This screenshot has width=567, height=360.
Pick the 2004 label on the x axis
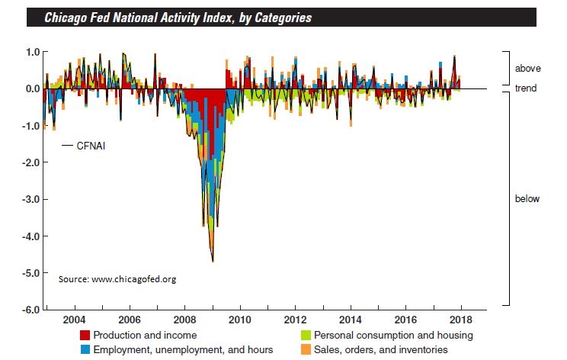pos(74,319)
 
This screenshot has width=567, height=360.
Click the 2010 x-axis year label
pos(241,319)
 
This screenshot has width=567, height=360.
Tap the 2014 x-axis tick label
pos(351,319)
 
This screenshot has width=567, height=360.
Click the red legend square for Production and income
pos(85,336)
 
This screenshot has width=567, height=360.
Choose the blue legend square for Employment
pos(85,349)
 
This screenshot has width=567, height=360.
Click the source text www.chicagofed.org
pos(117,279)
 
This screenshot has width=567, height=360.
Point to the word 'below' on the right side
pos(527,199)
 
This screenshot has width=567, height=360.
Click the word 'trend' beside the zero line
pos(527,88)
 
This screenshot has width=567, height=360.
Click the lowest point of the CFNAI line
pos(213,262)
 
